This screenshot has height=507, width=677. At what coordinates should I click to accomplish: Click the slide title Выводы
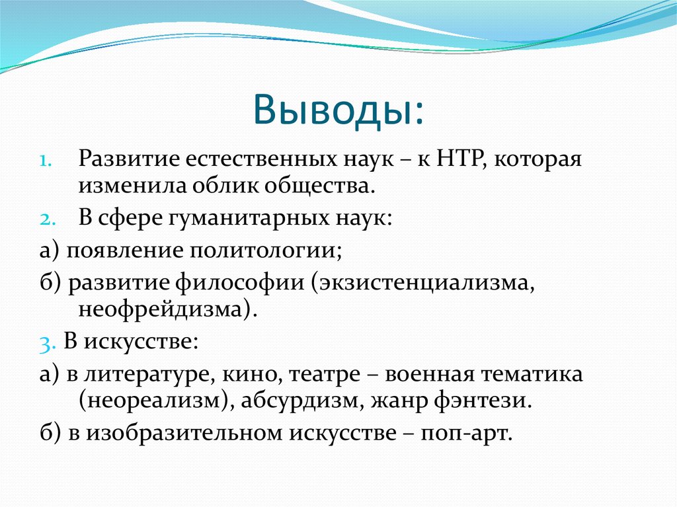click(338, 109)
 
